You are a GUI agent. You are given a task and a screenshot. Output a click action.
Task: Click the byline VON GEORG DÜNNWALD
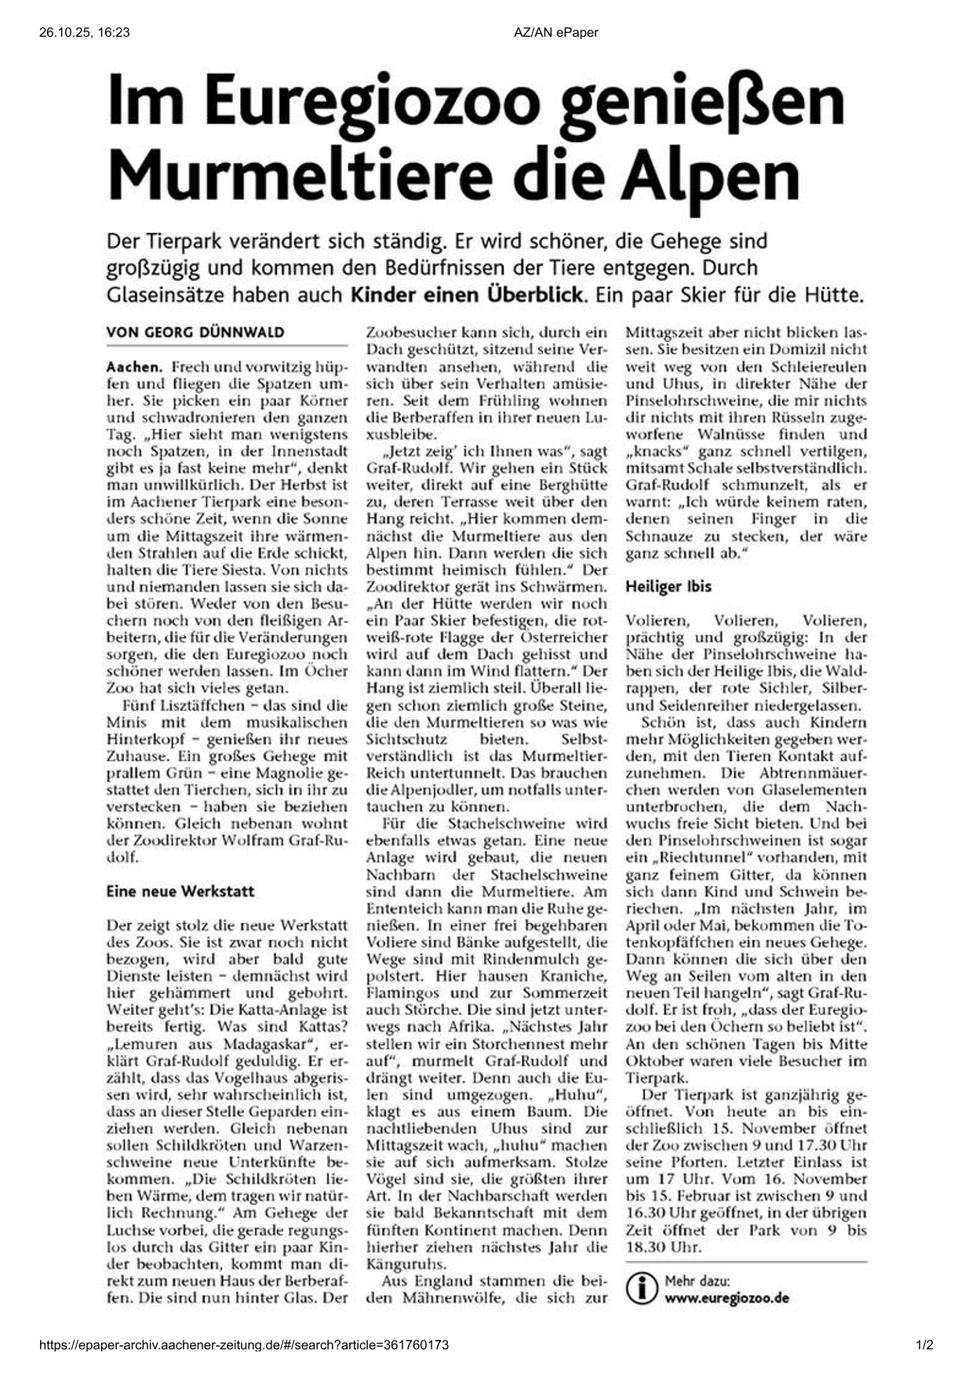click(x=195, y=332)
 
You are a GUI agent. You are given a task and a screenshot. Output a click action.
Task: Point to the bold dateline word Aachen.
click(x=134, y=366)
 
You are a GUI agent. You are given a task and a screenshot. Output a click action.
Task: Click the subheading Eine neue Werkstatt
click(x=180, y=891)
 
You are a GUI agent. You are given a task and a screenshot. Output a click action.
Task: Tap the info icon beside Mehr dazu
click(x=643, y=1289)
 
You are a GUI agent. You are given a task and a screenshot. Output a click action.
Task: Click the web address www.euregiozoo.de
click(x=726, y=1298)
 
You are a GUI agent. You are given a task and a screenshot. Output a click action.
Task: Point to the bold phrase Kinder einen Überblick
click(x=467, y=296)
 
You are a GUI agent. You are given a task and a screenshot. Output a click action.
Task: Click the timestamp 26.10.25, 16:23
click(x=84, y=32)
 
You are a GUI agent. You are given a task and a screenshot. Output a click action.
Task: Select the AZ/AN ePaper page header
click(x=556, y=32)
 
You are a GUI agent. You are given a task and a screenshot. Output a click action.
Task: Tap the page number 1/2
click(x=923, y=1344)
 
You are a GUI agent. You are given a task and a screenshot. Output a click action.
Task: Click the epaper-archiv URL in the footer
click(x=244, y=1344)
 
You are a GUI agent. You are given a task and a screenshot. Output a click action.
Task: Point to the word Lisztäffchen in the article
click(x=195, y=705)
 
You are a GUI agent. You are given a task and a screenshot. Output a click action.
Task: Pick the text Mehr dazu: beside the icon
click(x=697, y=1281)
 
